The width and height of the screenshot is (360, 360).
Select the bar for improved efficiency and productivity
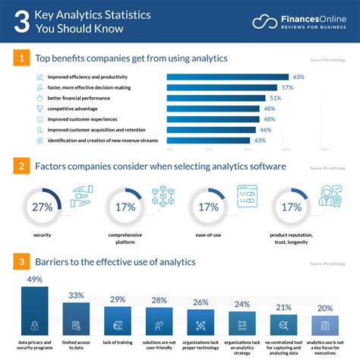click(227, 77)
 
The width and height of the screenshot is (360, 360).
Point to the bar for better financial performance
click(216, 98)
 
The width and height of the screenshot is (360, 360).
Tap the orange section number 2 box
click(22, 165)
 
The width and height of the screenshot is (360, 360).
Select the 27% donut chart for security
click(42, 206)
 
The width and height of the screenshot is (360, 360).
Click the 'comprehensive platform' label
click(124, 239)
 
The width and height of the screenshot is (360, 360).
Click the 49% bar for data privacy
click(34, 313)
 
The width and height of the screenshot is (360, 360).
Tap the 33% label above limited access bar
click(76, 295)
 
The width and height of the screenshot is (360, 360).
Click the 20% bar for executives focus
click(325, 326)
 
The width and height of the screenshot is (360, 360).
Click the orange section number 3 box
click(22, 262)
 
